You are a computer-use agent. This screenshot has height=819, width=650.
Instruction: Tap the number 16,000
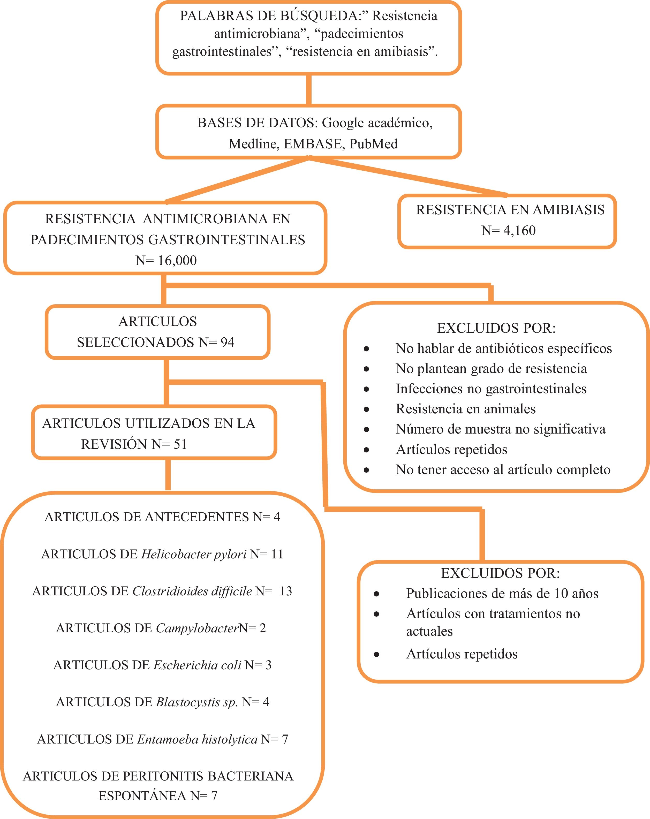(x=177, y=261)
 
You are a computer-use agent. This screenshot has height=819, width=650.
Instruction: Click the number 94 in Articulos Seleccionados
(x=227, y=343)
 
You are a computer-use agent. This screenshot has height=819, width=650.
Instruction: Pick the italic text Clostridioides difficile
(x=192, y=591)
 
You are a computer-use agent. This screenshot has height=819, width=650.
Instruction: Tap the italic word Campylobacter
(x=197, y=628)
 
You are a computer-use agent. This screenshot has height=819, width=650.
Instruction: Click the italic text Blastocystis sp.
(x=197, y=702)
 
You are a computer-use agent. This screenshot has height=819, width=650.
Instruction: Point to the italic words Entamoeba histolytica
(x=197, y=739)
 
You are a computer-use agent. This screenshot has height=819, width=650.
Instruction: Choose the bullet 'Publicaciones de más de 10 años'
(x=502, y=593)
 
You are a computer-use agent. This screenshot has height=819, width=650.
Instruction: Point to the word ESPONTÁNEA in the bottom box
(x=142, y=796)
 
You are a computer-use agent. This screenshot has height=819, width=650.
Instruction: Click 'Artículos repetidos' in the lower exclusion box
(x=462, y=654)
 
